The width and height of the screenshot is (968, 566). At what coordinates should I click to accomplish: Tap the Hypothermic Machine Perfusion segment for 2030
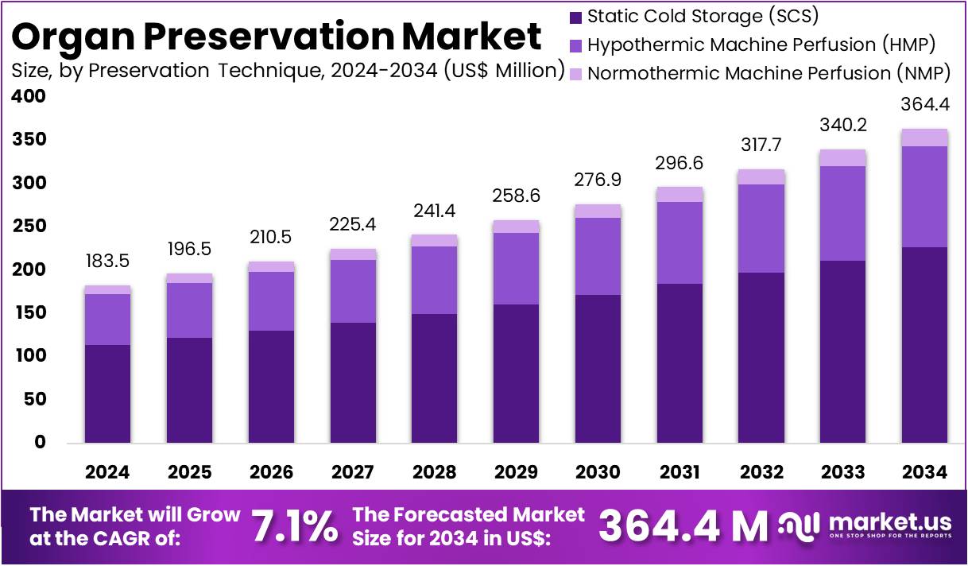tap(598, 256)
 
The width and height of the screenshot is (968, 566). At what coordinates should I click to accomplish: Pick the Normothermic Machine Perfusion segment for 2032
tap(761, 176)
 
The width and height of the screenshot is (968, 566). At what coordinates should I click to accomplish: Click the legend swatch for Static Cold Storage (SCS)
tap(576, 17)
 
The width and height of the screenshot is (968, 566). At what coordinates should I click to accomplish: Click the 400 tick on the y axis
tap(29, 97)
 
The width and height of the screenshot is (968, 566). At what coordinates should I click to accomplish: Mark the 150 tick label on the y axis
tap(29, 313)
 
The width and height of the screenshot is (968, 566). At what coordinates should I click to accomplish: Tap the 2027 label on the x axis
tap(352, 472)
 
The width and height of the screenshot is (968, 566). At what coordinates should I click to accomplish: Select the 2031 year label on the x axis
tap(680, 472)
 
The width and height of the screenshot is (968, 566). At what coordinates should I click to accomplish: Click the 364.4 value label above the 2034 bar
tap(923, 105)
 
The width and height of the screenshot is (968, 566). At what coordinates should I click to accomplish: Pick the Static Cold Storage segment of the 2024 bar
tap(107, 393)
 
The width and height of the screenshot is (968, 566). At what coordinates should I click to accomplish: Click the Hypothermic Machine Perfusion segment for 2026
tap(271, 301)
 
